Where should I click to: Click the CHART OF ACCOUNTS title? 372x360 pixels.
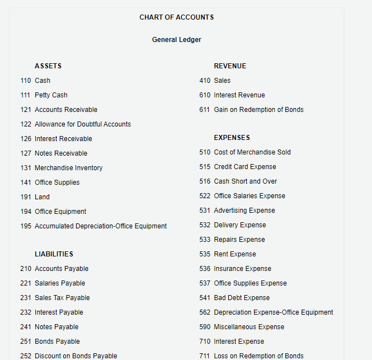(x=176, y=17)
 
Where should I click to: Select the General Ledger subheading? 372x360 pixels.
(x=176, y=40)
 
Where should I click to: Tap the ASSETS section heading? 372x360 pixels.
(x=48, y=66)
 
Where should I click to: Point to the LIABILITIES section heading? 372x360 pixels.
(x=54, y=254)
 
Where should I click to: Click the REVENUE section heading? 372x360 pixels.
(x=230, y=66)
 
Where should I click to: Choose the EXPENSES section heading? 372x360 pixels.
(x=232, y=138)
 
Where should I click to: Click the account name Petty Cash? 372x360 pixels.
(x=51, y=95)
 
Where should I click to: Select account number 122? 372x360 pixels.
(x=26, y=124)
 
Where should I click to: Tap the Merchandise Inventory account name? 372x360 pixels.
(x=68, y=168)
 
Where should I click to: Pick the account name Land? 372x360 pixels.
(x=42, y=197)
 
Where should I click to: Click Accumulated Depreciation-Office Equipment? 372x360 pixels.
(x=101, y=226)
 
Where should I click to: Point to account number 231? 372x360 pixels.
(x=26, y=298)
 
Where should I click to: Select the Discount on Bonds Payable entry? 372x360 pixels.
(x=76, y=356)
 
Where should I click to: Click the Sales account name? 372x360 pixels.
(x=222, y=81)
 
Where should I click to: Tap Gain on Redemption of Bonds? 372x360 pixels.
(x=258, y=110)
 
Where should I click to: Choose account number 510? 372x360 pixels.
(x=205, y=152)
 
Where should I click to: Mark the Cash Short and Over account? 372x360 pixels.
(x=245, y=181)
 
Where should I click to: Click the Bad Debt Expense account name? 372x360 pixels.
(x=242, y=298)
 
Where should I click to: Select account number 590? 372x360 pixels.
(x=205, y=327)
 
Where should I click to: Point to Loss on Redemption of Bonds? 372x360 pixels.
(x=258, y=356)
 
